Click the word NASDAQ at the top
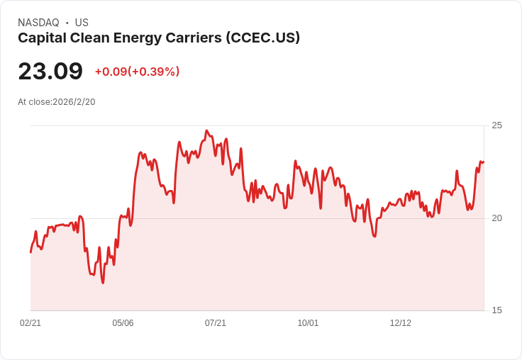coord(38,23)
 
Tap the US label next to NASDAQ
coord(82,23)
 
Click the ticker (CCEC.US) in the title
coord(263,38)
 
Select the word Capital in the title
coord(42,38)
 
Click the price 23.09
coord(50,72)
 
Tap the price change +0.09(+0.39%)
coord(137,72)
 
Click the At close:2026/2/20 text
coord(57,102)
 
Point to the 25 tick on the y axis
coord(496,125)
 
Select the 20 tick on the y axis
coord(496,218)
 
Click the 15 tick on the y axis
coord(496,310)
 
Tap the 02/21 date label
coord(30,323)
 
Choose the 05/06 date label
coord(123,323)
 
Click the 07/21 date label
coord(216,323)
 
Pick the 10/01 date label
coord(308,323)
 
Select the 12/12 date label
coord(401,323)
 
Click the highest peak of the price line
coord(206,131)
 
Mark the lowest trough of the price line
coord(103,283)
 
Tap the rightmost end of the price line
coord(484,162)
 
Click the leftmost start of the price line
coord(30,252)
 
